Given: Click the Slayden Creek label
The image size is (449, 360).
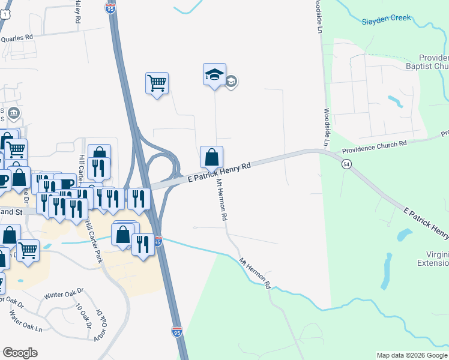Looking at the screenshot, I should point(387,19).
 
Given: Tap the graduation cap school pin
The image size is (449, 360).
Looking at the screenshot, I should point(214,76).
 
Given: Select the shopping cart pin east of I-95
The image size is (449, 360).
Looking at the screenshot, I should point(157,84).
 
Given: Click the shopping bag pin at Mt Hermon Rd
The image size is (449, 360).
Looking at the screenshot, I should point(211,158).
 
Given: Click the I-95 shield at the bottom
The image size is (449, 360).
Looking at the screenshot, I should point(176,332).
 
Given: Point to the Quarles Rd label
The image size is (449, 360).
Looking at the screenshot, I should point(16,37).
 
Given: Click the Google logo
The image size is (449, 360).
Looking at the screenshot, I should point(20,353).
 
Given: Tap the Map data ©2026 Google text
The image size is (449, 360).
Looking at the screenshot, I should point(412,355).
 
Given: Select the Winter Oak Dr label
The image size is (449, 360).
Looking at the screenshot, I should point(65,295).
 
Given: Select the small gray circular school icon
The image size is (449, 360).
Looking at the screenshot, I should point(232,82).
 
